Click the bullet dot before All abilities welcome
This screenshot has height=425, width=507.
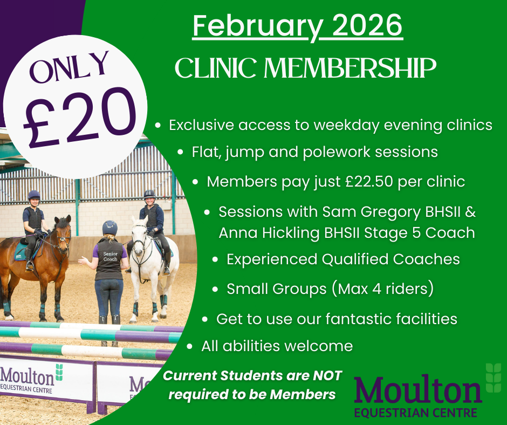point(189,346)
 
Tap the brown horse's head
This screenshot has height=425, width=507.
point(62,234)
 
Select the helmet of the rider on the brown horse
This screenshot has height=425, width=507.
point(34,195)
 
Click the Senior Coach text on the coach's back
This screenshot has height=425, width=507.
point(110,256)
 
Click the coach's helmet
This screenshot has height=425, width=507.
point(110,227)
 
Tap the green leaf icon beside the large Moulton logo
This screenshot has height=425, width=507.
point(493,377)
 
